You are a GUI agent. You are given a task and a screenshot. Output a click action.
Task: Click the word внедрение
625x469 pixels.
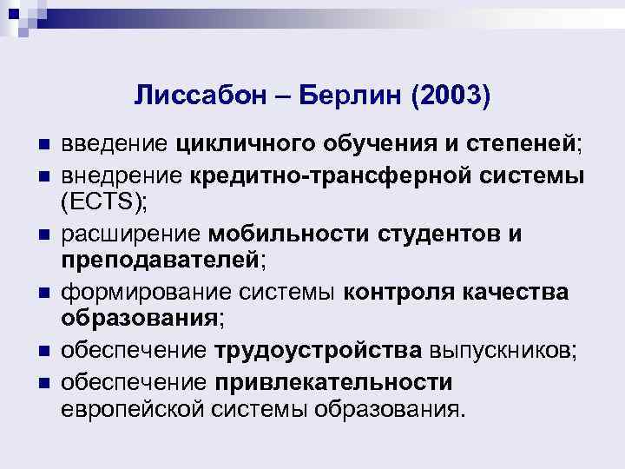(119, 176)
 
